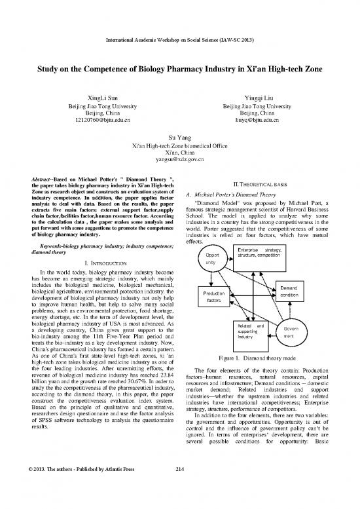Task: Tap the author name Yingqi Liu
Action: (261, 96)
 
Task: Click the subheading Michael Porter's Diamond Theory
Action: (257, 194)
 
